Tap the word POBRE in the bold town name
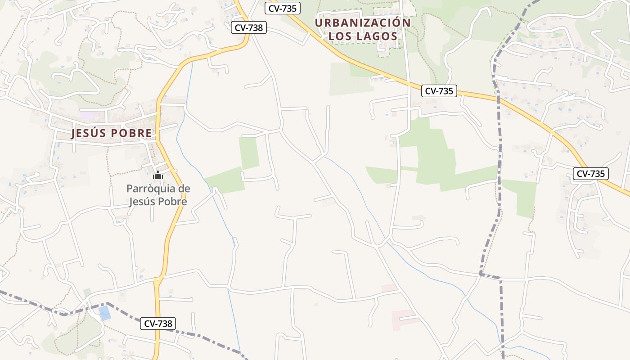131,133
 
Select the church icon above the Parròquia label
157,175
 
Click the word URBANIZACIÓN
363,22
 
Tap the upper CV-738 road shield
249,27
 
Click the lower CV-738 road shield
157,323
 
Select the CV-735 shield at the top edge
283,8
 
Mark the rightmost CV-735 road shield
590,173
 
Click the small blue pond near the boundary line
105,313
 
